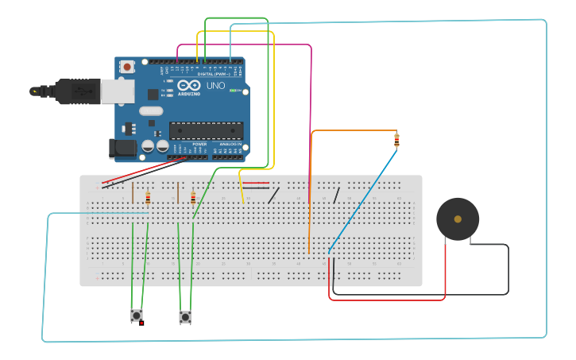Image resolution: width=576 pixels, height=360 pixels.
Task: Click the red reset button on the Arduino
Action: (x=127, y=68)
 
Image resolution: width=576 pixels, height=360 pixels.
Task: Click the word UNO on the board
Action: (x=215, y=86)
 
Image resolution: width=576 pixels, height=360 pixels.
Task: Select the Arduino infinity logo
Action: (x=189, y=85)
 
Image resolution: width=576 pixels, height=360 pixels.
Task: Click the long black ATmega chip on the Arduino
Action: (x=206, y=130)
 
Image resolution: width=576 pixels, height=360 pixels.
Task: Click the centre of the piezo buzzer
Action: (x=457, y=219)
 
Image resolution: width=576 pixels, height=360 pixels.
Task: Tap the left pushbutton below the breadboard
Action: (x=137, y=315)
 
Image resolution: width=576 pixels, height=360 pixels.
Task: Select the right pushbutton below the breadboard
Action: (x=185, y=317)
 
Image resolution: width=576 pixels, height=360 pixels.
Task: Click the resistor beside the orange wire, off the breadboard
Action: (x=396, y=141)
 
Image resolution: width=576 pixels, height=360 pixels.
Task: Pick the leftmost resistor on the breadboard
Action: (x=148, y=198)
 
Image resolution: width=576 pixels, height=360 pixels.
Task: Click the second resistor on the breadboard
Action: (x=193, y=198)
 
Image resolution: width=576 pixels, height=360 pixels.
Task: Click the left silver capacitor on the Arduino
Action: (x=149, y=147)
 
